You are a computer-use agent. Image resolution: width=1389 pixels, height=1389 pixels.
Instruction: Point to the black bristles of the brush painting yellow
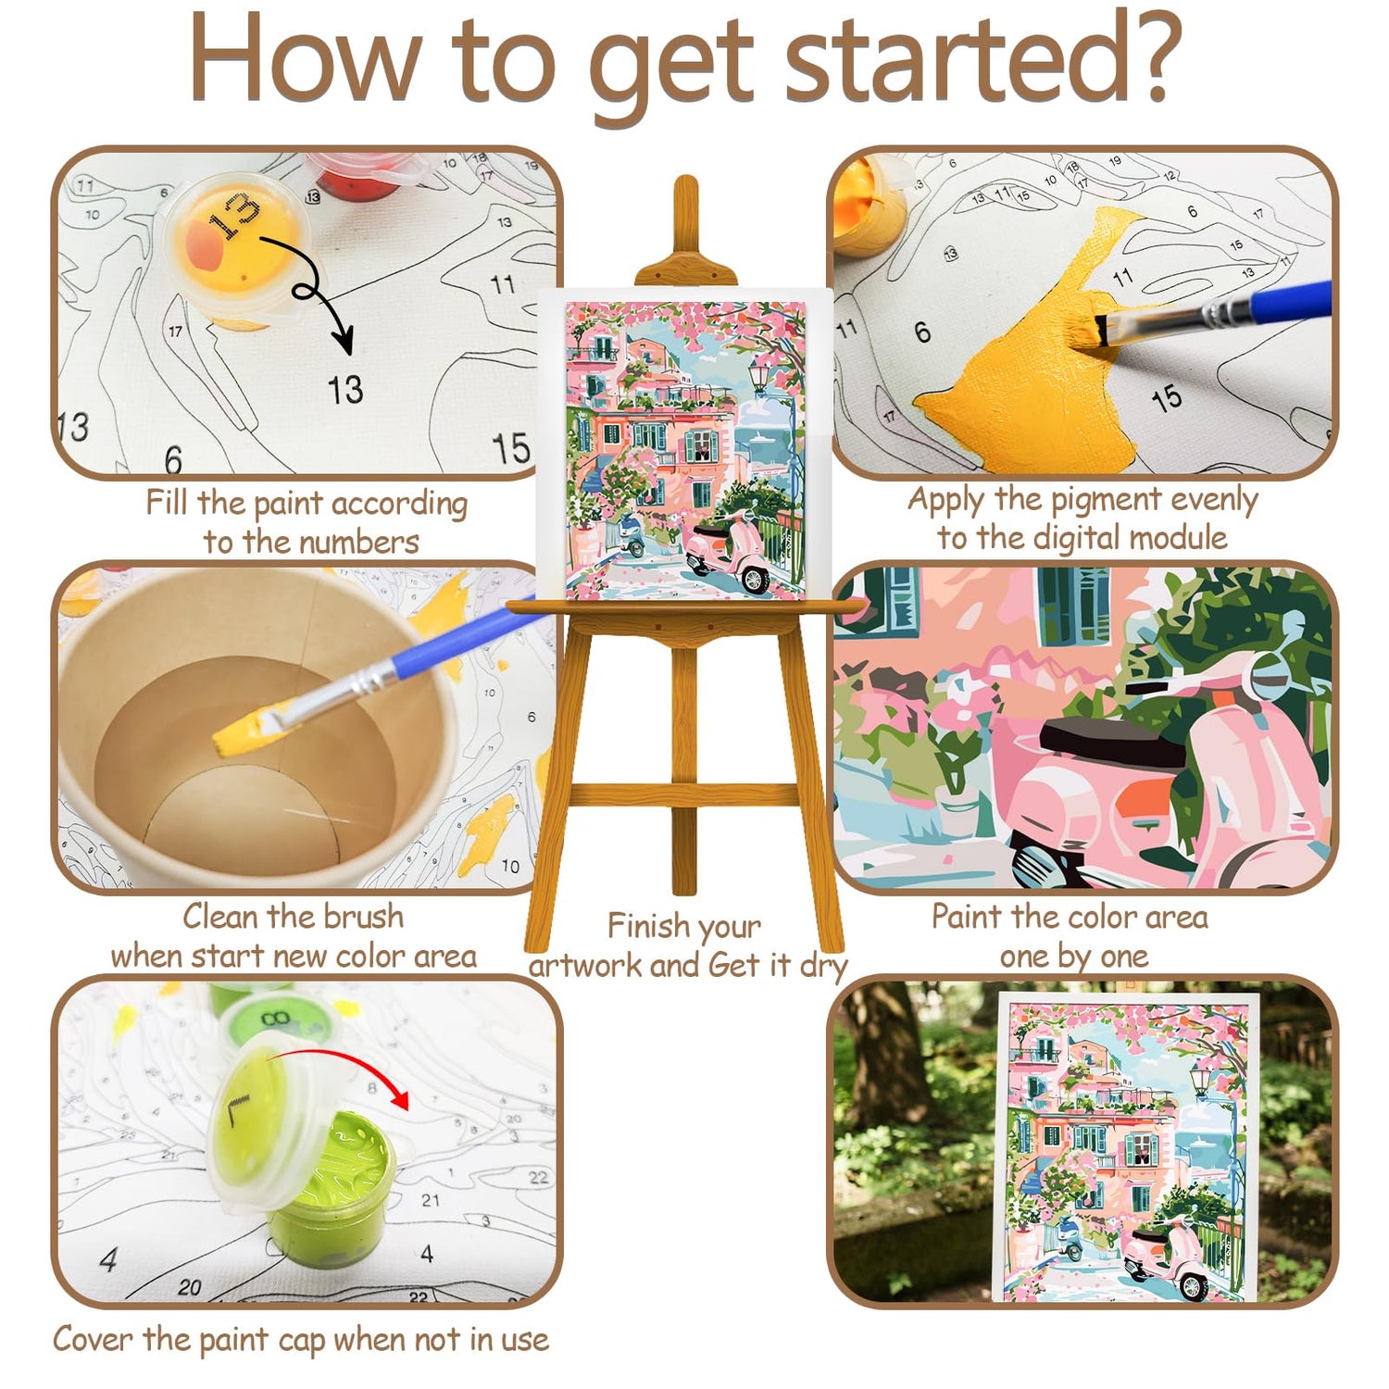click(x=1103, y=332)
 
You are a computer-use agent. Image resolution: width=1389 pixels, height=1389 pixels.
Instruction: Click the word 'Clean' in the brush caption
click(x=219, y=916)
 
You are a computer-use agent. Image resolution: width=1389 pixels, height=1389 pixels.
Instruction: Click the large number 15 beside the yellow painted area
click(x=1168, y=398)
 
